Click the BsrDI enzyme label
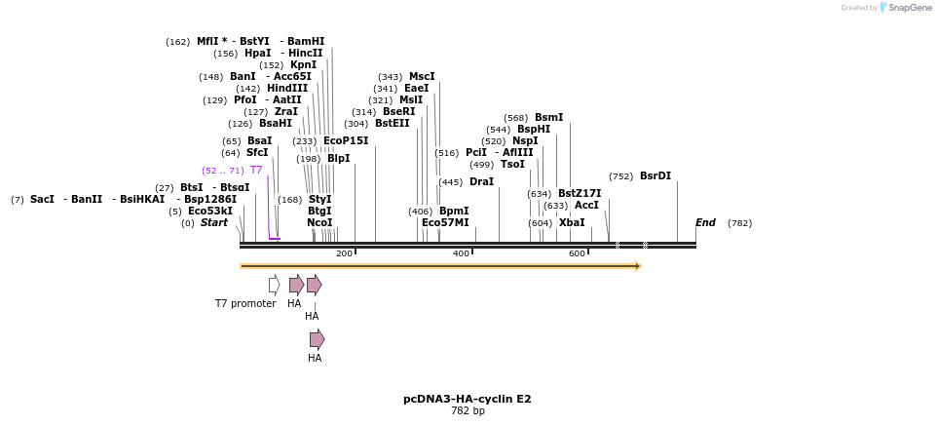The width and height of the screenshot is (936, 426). coord(655,176)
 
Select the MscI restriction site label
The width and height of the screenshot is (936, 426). coord(422,77)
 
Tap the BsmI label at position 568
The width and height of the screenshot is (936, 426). coord(548,118)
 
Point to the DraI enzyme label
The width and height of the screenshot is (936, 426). coord(481,182)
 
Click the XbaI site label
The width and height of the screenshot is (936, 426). coord(572,223)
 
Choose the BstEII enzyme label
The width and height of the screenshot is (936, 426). coord(392,124)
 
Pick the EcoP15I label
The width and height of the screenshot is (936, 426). coord(346,141)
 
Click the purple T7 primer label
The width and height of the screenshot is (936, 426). coord(256,171)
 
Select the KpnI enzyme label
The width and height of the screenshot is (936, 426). coord(303,65)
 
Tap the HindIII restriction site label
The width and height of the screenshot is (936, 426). coord(287,89)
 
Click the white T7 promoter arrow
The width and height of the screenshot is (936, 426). coord(275,285)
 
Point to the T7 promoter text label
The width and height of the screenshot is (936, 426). coord(245,304)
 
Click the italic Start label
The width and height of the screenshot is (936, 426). coord(213,223)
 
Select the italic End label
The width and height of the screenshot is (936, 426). coord(705,223)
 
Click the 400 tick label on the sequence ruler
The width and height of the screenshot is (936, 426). coord(461,253)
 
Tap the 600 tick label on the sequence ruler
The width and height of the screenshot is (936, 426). coord(577,253)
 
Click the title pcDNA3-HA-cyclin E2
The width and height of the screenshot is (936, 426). coord(468,399)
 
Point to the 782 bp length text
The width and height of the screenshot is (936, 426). coord(468,411)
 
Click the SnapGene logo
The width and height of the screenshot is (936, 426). coord(906,8)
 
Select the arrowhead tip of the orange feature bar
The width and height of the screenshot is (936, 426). coord(639,266)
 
